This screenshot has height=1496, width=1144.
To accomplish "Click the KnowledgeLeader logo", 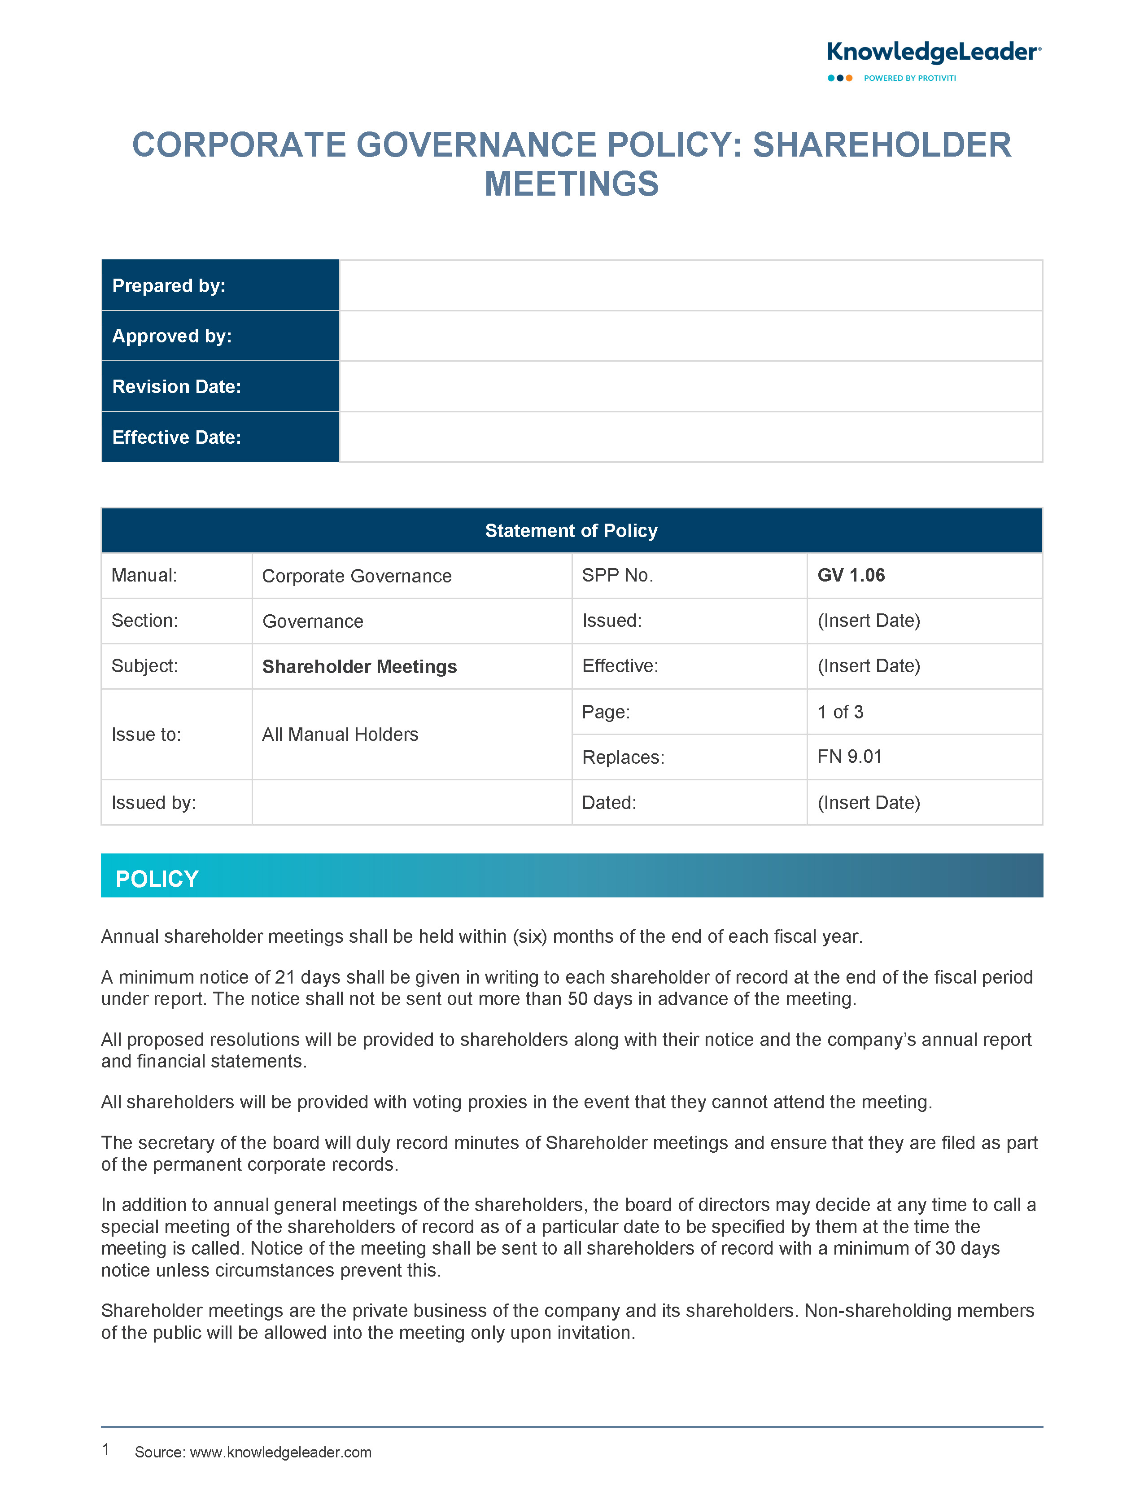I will tap(933, 53).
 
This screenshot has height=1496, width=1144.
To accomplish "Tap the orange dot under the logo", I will tap(849, 79).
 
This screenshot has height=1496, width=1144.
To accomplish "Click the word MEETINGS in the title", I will tap(571, 184).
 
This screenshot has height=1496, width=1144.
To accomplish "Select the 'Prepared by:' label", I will tap(169, 286).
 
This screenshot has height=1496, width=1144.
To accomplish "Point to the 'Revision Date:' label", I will tap(176, 387).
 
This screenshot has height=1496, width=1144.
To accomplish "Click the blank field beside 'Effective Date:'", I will tap(690, 437).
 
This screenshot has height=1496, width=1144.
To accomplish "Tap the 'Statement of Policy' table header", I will tap(571, 530).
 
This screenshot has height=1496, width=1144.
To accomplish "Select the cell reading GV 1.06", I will tap(851, 575).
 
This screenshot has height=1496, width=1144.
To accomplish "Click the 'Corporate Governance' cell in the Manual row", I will tap(357, 576).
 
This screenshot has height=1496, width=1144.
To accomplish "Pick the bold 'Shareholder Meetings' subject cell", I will tap(359, 667).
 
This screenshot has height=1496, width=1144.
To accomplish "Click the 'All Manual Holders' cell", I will tap(340, 734).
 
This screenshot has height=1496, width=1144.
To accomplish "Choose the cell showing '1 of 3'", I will tap(840, 712).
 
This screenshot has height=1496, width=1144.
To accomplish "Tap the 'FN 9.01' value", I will tap(849, 757).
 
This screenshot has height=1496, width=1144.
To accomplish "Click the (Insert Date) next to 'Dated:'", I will tap(868, 802).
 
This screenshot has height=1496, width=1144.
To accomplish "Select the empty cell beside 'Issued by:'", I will tap(411, 802).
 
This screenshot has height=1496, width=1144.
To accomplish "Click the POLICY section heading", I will tap(157, 879).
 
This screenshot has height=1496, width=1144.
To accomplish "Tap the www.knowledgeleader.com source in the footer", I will tap(280, 1452).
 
